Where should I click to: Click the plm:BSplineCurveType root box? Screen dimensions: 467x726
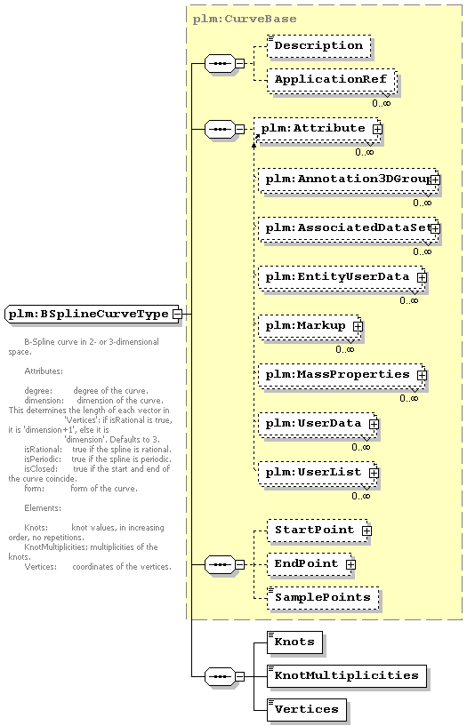[93, 314]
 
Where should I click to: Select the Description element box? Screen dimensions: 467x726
[319, 46]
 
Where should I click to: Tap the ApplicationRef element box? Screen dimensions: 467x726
[332, 81]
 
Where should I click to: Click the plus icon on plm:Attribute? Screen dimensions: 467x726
[377, 129]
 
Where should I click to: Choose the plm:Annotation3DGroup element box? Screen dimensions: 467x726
[348, 180]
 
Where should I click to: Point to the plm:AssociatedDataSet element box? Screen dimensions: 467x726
[348, 228]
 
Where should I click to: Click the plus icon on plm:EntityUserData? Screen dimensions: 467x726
[422, 277]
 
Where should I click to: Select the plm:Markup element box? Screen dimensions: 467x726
[310, 326]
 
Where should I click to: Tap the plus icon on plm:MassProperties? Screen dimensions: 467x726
[422, 375]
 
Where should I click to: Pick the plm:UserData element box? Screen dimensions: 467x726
[318, 424]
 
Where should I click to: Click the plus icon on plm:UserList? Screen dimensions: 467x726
[374, 473]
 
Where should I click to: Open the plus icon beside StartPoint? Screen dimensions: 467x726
[366, 531]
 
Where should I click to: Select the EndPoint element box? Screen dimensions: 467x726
[310, 564]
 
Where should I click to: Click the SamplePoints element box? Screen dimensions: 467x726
[323, 598]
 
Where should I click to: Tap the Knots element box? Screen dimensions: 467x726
[294, 642]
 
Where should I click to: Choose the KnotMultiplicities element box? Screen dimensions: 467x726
[347, 676]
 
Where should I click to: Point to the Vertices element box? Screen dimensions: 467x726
[307, 710]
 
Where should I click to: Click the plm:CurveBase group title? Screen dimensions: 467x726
[244, 19]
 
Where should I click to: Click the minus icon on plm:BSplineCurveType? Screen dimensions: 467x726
[176, 314]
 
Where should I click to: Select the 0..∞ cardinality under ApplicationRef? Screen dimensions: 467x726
[382, 103]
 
